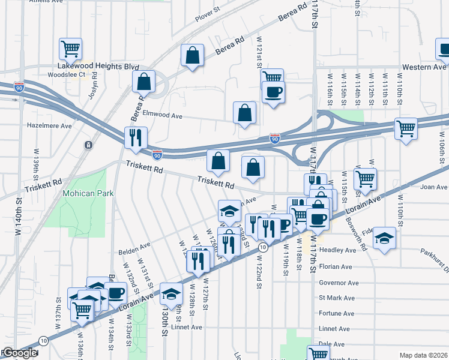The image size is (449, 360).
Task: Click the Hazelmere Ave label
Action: (49, 126)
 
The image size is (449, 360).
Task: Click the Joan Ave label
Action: (434, 187)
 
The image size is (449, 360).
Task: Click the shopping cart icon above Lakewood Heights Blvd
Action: (70, 48)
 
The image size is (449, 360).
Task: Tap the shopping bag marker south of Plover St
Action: (191, 55)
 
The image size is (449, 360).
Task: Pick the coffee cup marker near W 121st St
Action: (273, 92)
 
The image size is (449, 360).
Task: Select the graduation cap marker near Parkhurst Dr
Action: (384, 238)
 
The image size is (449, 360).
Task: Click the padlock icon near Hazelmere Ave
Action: (88, 145)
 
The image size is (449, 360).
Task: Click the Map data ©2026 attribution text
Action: (423, 355)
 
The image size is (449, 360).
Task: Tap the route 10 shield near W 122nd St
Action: (262, 247)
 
